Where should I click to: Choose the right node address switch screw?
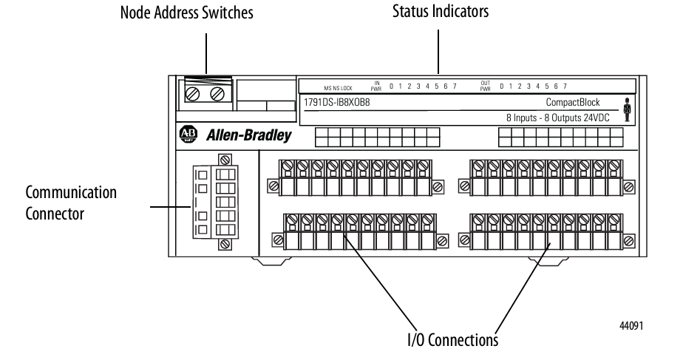pyautogui.click(x=217, y=94)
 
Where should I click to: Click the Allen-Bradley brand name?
pyautogui.click(x=248, y=136)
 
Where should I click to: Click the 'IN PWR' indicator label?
pyautogui.click(x=376, y=86)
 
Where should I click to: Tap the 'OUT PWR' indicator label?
pyautogui.click(x=486, y=86)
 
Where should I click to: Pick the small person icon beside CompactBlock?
pyautogui.click(x=628, y=109)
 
